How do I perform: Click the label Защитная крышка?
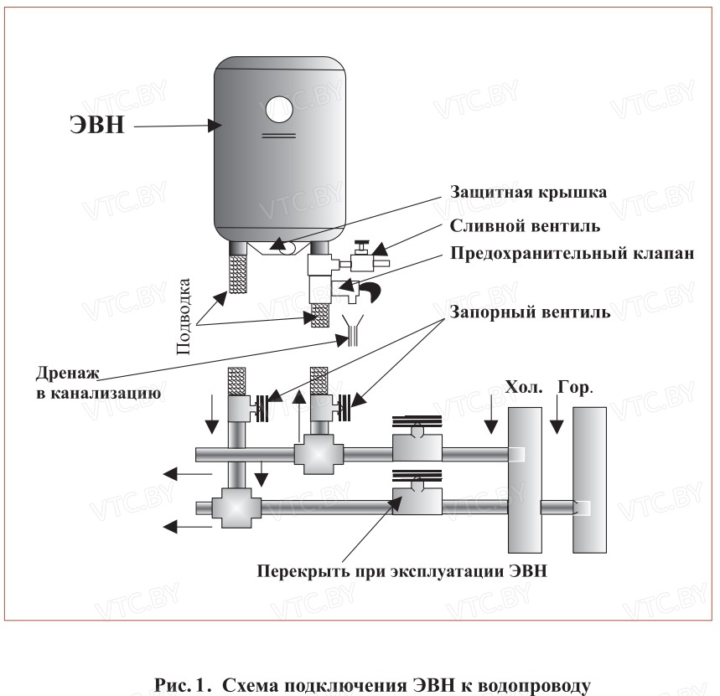(528, 192)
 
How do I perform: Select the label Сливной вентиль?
(525, 226)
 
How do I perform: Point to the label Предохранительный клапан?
(572, 255)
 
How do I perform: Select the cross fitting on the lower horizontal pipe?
(231, 508)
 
